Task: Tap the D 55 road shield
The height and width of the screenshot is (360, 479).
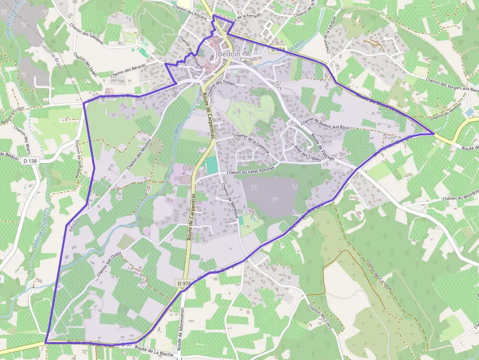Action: point(127,344)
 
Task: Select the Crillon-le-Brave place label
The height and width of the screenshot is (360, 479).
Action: point(50,55)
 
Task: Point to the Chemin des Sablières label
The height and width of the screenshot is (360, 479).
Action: point(87,34)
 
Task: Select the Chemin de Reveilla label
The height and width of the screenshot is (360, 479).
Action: point(447,113)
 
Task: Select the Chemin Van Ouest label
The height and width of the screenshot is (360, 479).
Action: point(109,264)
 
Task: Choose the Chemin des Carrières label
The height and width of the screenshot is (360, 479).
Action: point(379,275)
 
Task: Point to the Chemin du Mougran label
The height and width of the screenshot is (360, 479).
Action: point(460,198)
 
